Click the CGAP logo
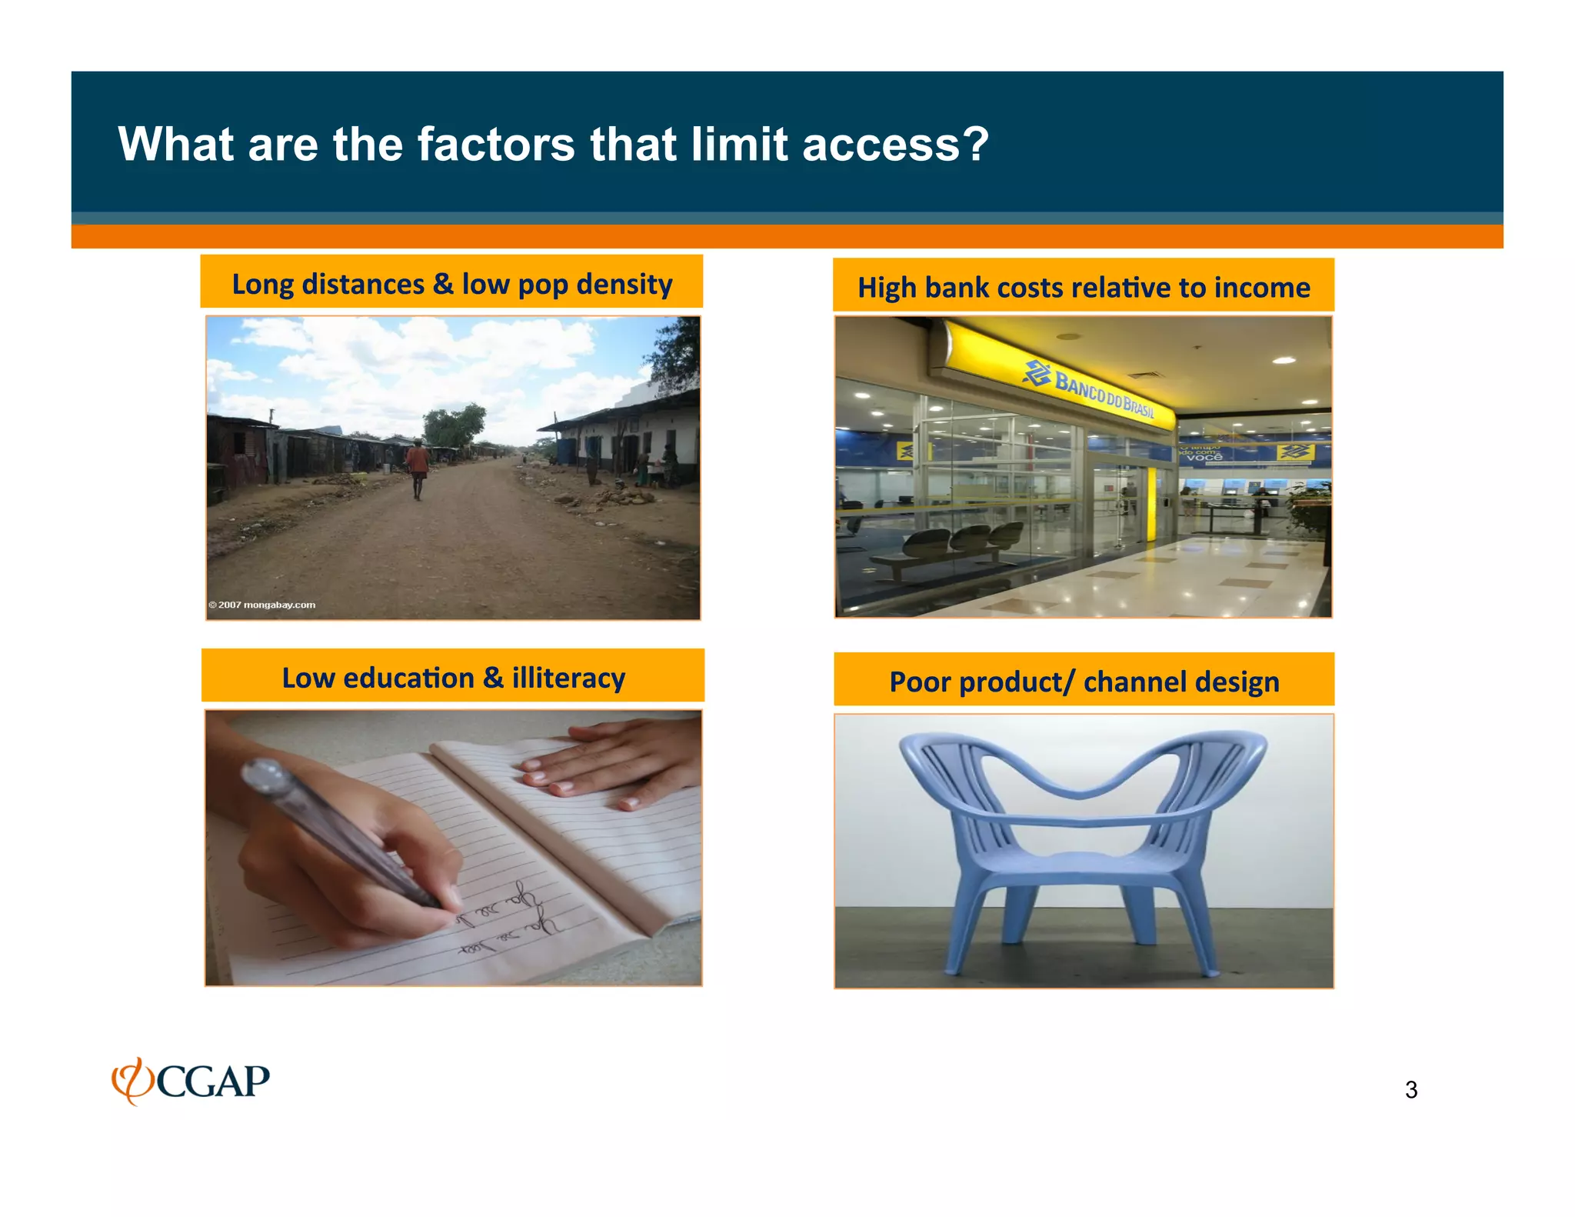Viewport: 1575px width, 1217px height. (x=191, y=1080)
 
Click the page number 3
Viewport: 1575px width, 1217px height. (x=1410, y=1090)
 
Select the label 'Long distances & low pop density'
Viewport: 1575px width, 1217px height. (x=451, y=284)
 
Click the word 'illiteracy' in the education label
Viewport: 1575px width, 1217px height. (x=568, y=678)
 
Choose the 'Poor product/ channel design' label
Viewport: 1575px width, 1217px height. (x=1084, y=682)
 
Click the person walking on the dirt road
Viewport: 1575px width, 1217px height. (x=418, y=466)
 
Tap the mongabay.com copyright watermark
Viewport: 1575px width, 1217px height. (x=262, y=605)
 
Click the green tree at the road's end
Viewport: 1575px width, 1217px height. (x=456, y=425)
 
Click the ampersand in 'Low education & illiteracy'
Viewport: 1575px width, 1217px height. (x=493, y=678)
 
